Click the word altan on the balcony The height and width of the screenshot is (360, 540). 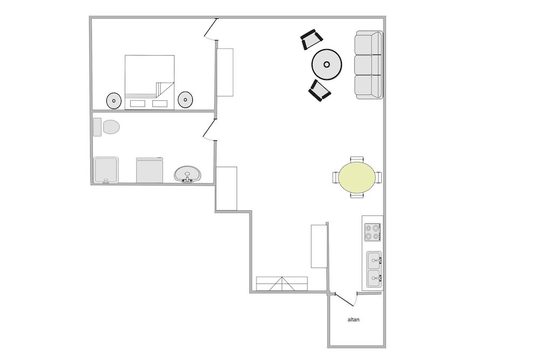tap(353, 320)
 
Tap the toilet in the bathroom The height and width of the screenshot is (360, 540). tap(106, 127)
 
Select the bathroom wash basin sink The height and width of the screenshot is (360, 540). tap(187, 174)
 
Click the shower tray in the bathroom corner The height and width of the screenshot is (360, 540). tap(106, 170)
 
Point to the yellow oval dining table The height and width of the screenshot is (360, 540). tap(357, 178)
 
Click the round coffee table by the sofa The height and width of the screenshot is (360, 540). tap(327, 64)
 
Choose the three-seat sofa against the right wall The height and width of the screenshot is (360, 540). tap(369, 65)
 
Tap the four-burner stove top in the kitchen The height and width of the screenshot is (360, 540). tap(373, 232)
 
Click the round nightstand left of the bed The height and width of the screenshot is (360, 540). tap(113, 100)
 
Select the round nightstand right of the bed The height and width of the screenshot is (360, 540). tap(185, 100)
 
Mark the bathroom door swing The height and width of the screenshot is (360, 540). tap(210, 130)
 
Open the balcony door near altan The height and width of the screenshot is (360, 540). tap(345, 300)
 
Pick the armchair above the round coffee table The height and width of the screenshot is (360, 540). tap(312, 39)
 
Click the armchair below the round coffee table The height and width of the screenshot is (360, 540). tap(320, 91)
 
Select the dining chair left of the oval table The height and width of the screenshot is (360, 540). tap(336, 178)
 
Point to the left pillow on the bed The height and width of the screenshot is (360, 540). tap(138, 103)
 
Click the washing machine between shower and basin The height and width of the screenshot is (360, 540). tap(150, 171)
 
